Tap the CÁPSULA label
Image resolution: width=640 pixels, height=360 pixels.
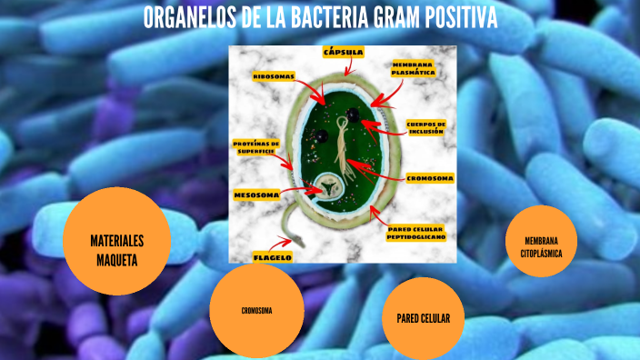(344, 53)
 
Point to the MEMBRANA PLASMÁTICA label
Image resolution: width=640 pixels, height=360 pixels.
(415, 70)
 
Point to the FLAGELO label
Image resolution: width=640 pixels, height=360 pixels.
(272, 257)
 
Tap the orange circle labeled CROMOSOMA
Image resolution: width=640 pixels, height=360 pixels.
(256, 311)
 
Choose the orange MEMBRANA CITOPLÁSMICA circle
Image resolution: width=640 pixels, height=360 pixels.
(541, 245)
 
